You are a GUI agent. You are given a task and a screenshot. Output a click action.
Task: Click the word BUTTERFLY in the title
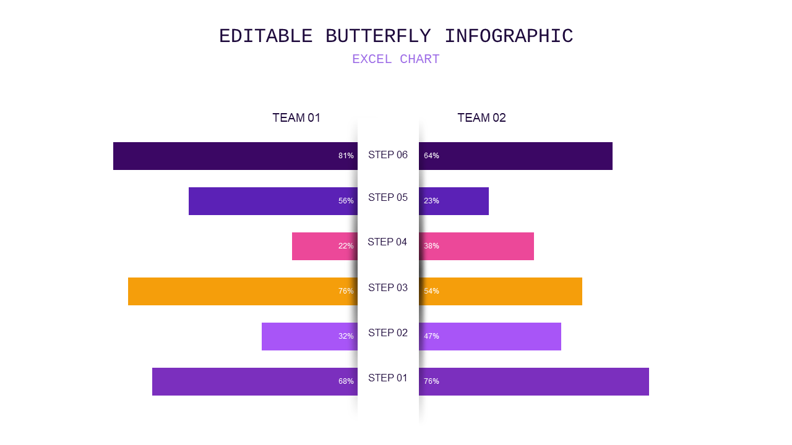378,36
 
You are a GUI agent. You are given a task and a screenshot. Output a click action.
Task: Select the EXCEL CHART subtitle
396,59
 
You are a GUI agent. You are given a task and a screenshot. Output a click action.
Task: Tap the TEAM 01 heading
296,117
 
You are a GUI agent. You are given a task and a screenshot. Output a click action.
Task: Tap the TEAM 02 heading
481,117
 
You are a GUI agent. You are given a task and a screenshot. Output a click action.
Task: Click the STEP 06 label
388,155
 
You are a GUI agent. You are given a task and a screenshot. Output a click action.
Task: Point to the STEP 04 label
387,242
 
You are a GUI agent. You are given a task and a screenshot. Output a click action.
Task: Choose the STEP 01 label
388,378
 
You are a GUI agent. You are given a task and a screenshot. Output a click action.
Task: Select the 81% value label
346,156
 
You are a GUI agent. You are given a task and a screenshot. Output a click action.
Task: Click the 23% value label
431,201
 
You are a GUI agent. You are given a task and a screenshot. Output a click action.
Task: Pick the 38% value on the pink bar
431,246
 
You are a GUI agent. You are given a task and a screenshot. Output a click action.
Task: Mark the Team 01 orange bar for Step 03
243,291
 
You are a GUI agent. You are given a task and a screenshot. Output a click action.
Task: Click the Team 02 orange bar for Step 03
501,291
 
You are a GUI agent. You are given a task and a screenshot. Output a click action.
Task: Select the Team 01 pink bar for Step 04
325,246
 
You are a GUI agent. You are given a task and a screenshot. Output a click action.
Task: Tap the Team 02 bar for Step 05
454,201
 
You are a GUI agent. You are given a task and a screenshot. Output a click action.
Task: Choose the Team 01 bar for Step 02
309,337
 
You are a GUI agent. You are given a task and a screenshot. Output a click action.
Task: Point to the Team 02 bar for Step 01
534,382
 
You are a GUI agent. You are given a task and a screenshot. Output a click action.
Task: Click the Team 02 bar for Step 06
515,156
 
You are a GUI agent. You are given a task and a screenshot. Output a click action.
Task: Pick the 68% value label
346,381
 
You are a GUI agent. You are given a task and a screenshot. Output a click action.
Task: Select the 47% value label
431,336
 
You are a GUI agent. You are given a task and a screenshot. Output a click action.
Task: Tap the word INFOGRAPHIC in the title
509,36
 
